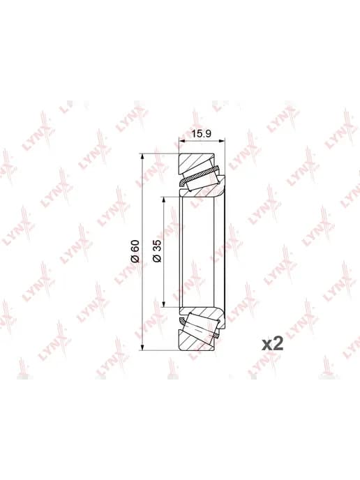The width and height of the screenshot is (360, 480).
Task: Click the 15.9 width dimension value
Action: [x=201, y=133]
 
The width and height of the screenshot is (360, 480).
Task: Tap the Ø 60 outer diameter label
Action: [x=135, y=251]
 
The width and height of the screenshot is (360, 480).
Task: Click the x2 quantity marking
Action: [x=273, y=344]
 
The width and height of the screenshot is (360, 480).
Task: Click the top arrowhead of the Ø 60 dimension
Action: [x=142, y=158]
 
